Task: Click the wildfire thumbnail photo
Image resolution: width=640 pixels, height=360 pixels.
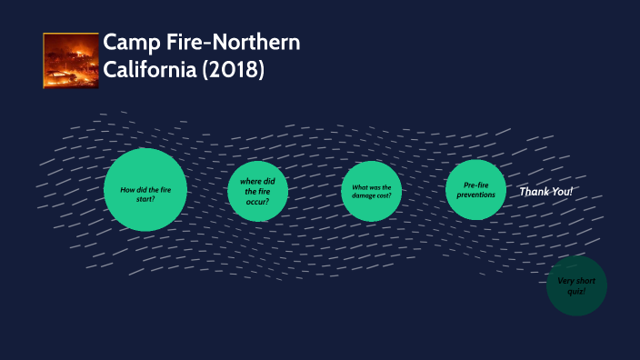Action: [71, 60]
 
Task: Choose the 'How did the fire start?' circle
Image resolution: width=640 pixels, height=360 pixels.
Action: [145, 191]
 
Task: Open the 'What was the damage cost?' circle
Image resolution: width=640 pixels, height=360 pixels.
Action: [371, 191]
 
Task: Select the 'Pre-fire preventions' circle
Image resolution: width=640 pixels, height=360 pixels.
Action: [476, 190]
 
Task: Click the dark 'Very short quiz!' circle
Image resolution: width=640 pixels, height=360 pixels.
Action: [576, 285]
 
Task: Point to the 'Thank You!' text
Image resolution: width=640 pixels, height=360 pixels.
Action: [546, 192]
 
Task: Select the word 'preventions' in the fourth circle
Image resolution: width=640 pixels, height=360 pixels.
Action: [476, 195]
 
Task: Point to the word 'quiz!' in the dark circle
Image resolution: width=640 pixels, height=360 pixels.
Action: [576, 291]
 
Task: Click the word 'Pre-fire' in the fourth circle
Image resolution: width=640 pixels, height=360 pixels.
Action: [476, 185]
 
